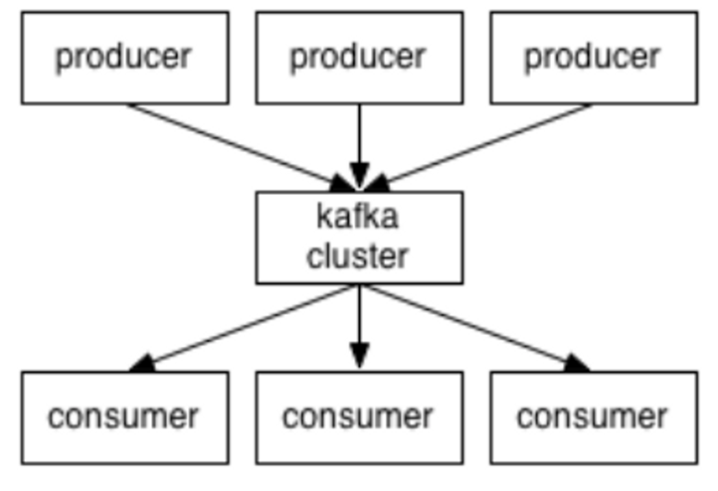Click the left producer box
point(125,57)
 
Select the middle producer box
point(359,57)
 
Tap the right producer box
point(593,57)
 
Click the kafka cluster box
point(359,237)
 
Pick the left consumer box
point(125,417)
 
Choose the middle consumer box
point(359,417)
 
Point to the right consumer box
point(593,417)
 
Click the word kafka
point(359,220)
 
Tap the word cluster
point(359,255)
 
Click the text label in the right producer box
point(592,57)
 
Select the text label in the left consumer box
point(124,417)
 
